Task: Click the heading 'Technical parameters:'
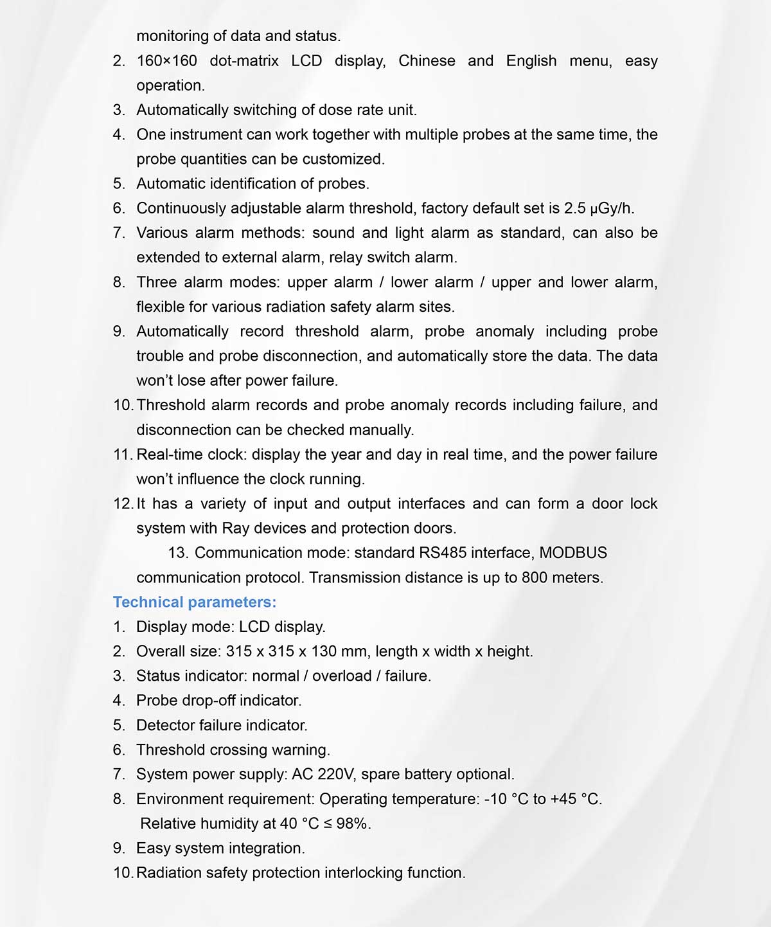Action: coord(195,602)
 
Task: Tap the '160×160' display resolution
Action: coord(166,61)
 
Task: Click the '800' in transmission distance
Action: coord(535,577)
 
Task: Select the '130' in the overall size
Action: coord(324,651)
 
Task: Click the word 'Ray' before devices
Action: coord(235,528)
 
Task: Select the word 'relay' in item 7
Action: coord(346,258)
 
